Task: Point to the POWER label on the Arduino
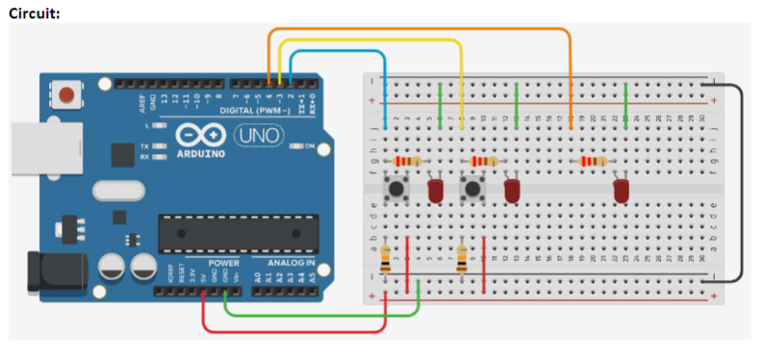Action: (x=223, y=262)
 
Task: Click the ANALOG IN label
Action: (x=284, y=262)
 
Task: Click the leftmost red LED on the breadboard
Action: (x=436, y=190)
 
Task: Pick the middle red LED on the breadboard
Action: (x=513, y=190)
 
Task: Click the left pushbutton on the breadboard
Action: (x=394, y=188)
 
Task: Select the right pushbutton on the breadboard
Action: (x=471, y=188)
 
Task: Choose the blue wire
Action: (x=337, y=52)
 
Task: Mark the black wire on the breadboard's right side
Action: (x=741, y=183)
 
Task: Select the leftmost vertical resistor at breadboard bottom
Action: (x=386, y=259)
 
